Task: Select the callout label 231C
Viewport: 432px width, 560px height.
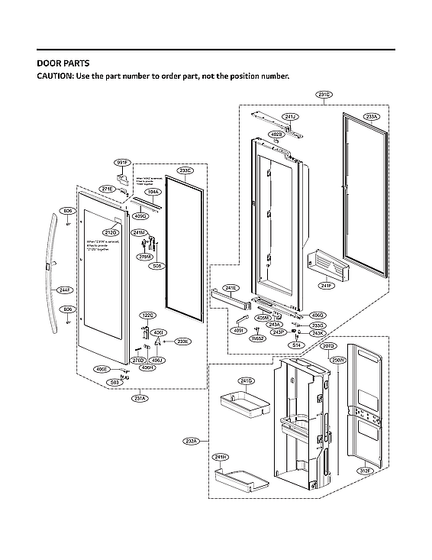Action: (324, 95)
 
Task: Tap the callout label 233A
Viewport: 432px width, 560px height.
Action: (371, 118)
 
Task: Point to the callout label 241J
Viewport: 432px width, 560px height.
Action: (290, 117)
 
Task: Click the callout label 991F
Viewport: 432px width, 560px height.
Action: (122, 163)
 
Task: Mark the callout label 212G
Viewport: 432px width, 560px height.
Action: (110, 231)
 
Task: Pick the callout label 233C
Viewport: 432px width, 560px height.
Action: (185, 170)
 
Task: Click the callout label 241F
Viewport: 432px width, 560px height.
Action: (327, 286)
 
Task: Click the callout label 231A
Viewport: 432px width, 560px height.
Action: (140, 397)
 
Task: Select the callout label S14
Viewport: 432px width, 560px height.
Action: (296, 345)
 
